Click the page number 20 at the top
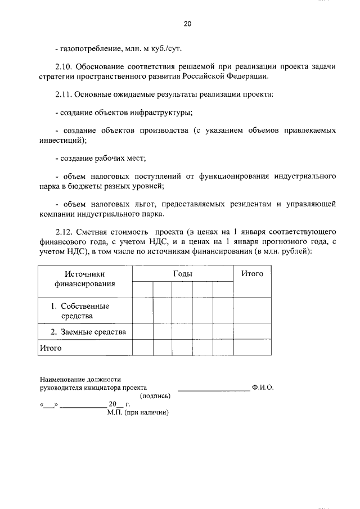(x=187, y=24)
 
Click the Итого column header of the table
(x=252, y=273)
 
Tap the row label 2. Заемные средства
(x=88, y=332)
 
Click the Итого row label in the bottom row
(x=50, y=348)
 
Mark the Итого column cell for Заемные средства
(x=252, y=332)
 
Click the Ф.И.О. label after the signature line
(x=263, y=388)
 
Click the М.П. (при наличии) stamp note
(x=138, y=412)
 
